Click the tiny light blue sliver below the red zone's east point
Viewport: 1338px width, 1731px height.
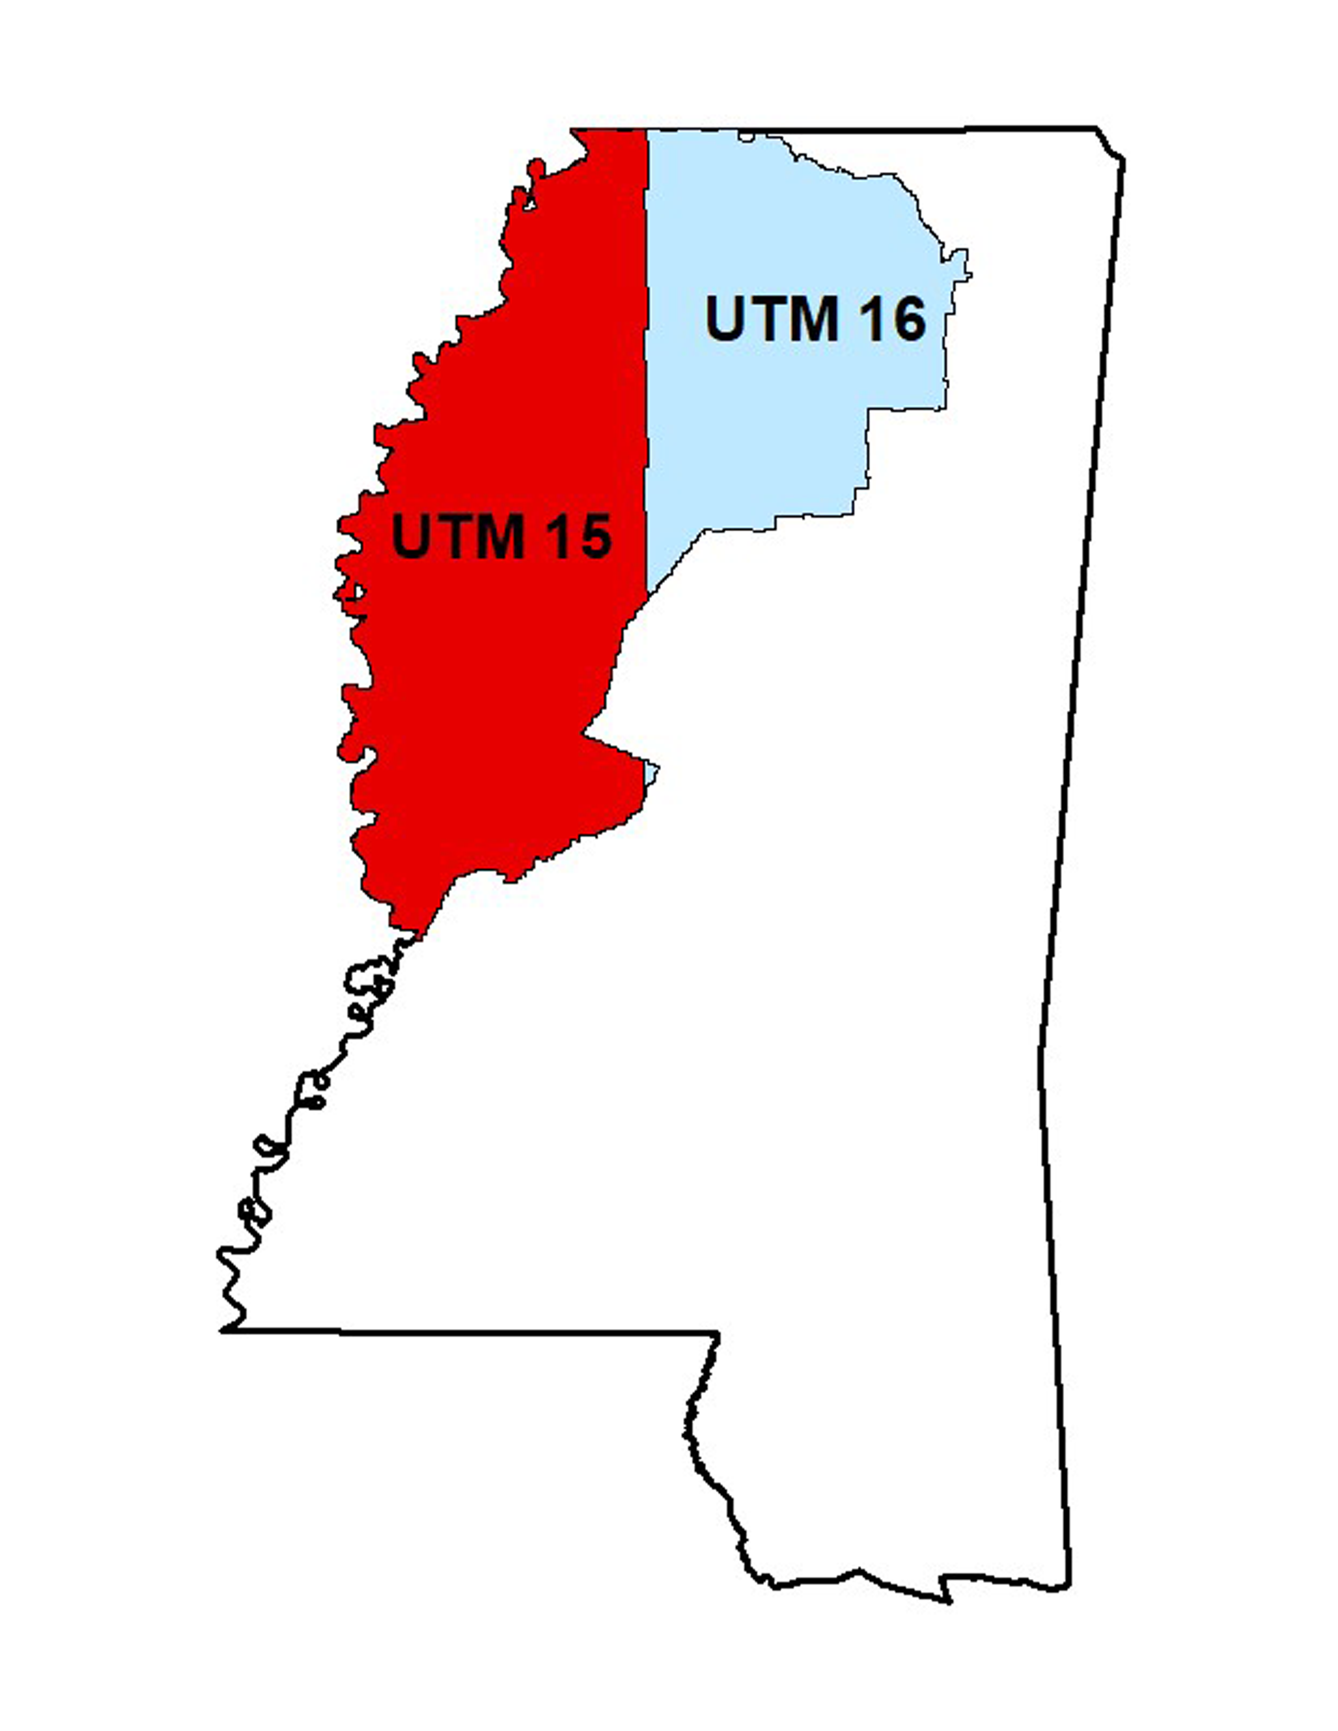tap(651, 771)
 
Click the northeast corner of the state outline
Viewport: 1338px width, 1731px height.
tap(1098, 127)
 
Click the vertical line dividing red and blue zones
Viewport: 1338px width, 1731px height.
tap(646, 357)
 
